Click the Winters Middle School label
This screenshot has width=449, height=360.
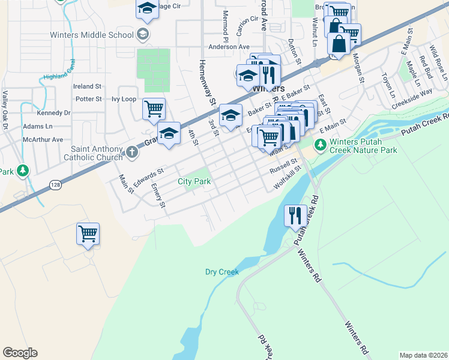pos(96,35)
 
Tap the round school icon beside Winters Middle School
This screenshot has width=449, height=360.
pos(142,34)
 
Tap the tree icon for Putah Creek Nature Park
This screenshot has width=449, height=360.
pos(321,144)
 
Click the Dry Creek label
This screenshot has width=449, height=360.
pos(222,272)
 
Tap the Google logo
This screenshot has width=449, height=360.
pos(20,353)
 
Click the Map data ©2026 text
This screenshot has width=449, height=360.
pos(423,355)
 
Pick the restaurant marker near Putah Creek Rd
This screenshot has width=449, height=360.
pos(294,215)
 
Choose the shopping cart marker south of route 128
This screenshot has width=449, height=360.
pos(88,233)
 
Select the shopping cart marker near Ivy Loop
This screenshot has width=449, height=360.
pos(154,109)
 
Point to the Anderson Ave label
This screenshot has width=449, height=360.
pos(229,47)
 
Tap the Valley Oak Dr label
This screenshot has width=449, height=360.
pos(5,104)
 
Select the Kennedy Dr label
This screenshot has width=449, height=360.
pos(53,113)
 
